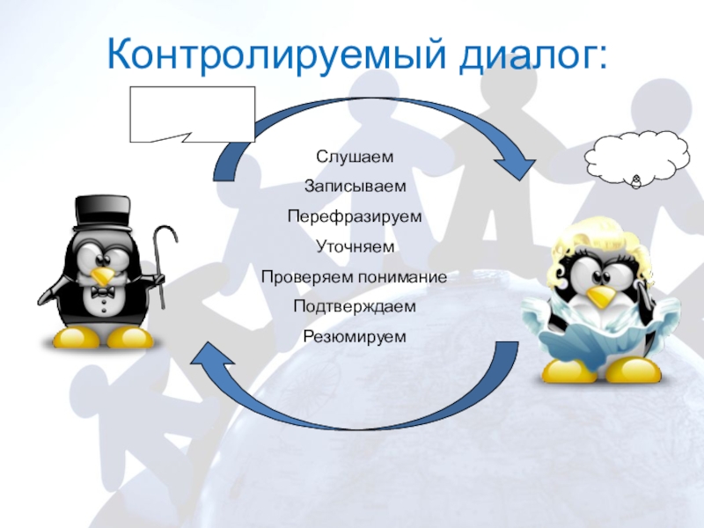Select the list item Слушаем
point(355,157)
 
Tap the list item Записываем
point(355,187)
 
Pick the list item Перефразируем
point(355,216)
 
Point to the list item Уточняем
point(355,246)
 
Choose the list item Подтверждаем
point(355,306)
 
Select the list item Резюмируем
point(355,336)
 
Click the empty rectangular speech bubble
point(193,113)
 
